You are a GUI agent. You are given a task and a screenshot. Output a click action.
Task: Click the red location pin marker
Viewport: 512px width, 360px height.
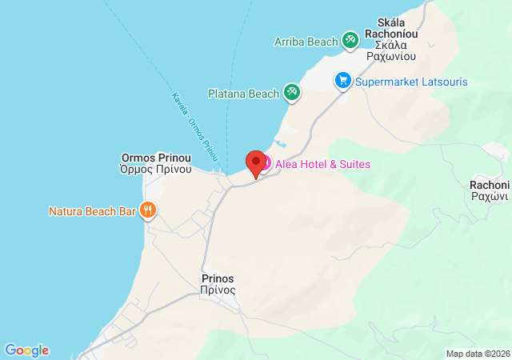(256, 163)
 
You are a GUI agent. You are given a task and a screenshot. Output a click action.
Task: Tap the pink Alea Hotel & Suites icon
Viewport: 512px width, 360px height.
(265, 164)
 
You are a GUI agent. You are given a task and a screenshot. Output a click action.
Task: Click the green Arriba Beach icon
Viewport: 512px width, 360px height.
(350, 40)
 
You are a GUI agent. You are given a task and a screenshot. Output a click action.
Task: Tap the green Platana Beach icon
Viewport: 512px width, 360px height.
(292, 94)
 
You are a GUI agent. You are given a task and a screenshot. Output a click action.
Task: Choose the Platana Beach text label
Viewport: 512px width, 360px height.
(242, 94)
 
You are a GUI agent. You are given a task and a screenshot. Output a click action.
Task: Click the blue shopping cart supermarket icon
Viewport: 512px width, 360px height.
(343, 81)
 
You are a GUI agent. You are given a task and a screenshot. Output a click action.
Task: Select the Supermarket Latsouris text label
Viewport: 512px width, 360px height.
(411, 82)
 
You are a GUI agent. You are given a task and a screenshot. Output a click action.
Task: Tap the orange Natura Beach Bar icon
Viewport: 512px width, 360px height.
(147, 211)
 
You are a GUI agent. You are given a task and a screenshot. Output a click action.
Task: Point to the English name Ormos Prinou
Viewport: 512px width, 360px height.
(156, 157)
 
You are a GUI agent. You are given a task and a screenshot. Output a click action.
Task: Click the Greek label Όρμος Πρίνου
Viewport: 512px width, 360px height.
(156, 169)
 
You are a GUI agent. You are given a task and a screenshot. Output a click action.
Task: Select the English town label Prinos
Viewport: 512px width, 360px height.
(218, 279)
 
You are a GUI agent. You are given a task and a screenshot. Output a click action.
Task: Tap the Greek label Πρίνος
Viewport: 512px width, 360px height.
(218, 291)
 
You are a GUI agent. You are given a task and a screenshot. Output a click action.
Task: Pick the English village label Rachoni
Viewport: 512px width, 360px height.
(490, 183)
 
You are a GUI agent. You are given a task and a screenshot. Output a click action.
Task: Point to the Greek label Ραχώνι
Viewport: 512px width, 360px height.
(490, 195)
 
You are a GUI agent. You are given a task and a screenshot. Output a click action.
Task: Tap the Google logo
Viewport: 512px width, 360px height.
(26, 350)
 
